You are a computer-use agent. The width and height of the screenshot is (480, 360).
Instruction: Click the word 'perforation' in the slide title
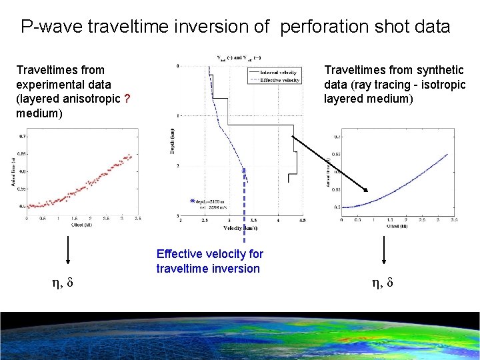pyautogui.click(x=319, y=27)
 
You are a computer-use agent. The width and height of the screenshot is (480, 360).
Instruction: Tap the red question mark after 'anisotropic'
pyautogui.click(x=127, y=99)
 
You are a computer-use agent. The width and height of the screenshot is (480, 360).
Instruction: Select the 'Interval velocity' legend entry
pyautogui.click(x=280, y=73)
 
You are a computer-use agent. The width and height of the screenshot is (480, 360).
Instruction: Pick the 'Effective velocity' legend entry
pyautogui.click(x=280, y=80)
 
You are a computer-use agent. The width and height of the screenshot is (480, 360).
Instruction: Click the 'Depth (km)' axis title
pyautogui.click(x=172, y=140)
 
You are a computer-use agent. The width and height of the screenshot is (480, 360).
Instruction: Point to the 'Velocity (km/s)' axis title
pyautogui.click(x=242, y=228)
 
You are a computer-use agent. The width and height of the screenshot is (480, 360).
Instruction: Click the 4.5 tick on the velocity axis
pyautogui.click(x=302, y=220)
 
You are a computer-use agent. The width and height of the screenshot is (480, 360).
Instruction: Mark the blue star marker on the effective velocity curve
pyautogui.click(x=245, y=171)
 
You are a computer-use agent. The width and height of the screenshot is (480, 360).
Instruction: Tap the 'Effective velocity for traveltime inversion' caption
pyautogui.click(x=209, y=261)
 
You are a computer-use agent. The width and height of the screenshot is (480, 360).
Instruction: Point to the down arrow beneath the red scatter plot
pyautogui.click(x=67, y=253)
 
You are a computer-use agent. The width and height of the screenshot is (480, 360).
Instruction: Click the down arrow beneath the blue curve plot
pyautogui.click(x=383, y=253)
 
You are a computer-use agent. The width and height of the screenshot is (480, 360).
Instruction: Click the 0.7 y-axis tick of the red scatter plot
pyautogui.click(x=23, y=136)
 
